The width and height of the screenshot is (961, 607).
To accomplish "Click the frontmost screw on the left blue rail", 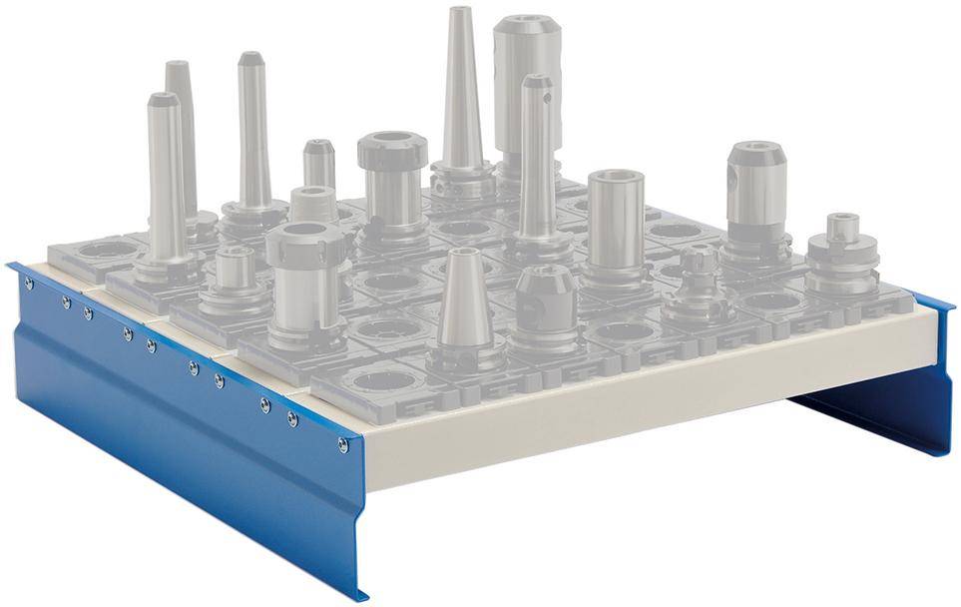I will (x=343, y=443).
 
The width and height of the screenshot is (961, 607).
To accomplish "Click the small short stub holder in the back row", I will (x=318, y=165).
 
